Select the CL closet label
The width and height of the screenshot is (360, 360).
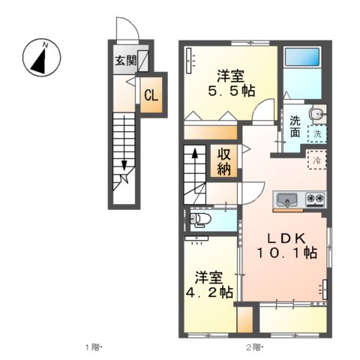click(x=149, y=95)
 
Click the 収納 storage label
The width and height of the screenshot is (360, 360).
click(x=224, y=159)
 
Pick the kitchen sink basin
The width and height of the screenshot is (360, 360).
click(x=287, y=199)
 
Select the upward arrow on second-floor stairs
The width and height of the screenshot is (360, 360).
click(x=194, y=154)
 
